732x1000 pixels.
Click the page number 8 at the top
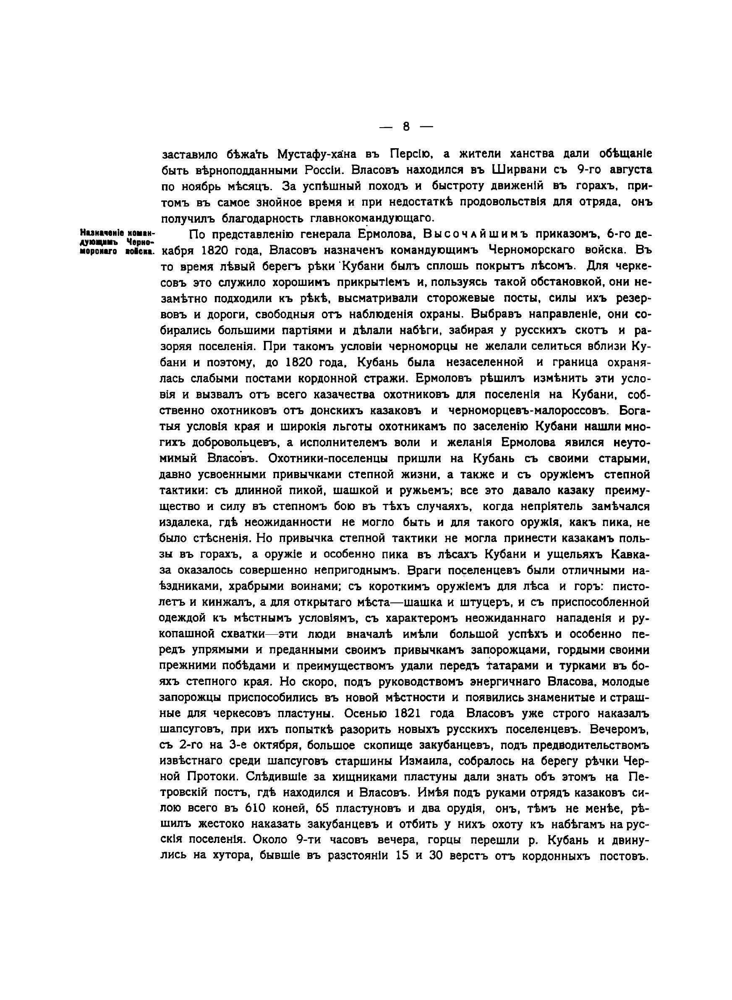pyautogui.click(x=406, y=127)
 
